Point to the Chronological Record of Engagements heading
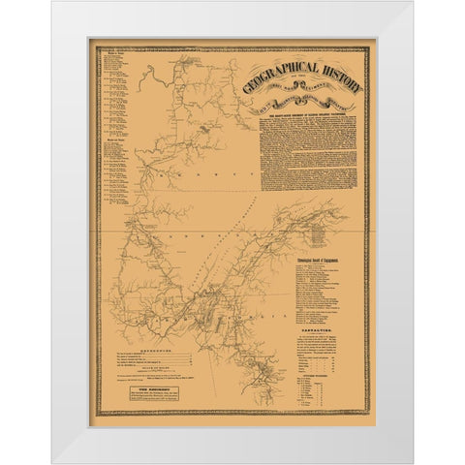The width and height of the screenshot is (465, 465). pos(325,261)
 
